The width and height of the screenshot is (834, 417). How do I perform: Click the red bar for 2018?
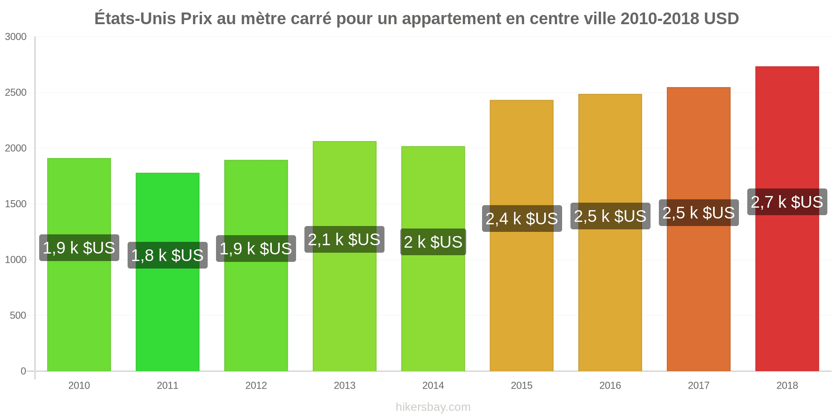tap(787, 219)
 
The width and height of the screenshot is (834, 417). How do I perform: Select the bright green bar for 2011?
tap(168, 272)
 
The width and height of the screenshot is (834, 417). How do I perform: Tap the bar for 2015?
tap(522, 236)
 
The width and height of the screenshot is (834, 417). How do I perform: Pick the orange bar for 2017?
tap(698, 229)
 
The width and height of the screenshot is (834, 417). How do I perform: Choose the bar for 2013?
tap(344, 256)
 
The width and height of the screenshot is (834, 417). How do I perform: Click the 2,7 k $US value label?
tap(787, 202)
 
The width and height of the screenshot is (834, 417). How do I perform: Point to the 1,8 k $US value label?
tap(168, 255)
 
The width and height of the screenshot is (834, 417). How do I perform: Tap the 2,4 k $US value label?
tap(522, 219)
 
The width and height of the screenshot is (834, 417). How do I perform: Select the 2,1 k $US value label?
tap(344, 239)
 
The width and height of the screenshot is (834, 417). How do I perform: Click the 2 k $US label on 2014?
tap(433, 242)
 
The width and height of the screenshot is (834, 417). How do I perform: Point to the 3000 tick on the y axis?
tap(16, 37)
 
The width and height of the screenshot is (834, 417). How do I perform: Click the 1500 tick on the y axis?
tap(16, 204)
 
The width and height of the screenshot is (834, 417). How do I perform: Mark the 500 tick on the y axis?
tap(18, 315)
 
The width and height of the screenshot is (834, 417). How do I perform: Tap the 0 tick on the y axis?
tap(24, 371)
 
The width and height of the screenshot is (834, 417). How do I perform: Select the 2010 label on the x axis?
tap(79, 385)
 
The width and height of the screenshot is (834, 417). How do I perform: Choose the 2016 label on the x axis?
tap(610, 385)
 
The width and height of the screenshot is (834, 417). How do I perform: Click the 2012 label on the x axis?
tap(256, 385)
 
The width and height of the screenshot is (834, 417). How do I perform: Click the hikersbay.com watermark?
tap(433, 407)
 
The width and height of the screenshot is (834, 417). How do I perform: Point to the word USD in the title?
tap(721, 19)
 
